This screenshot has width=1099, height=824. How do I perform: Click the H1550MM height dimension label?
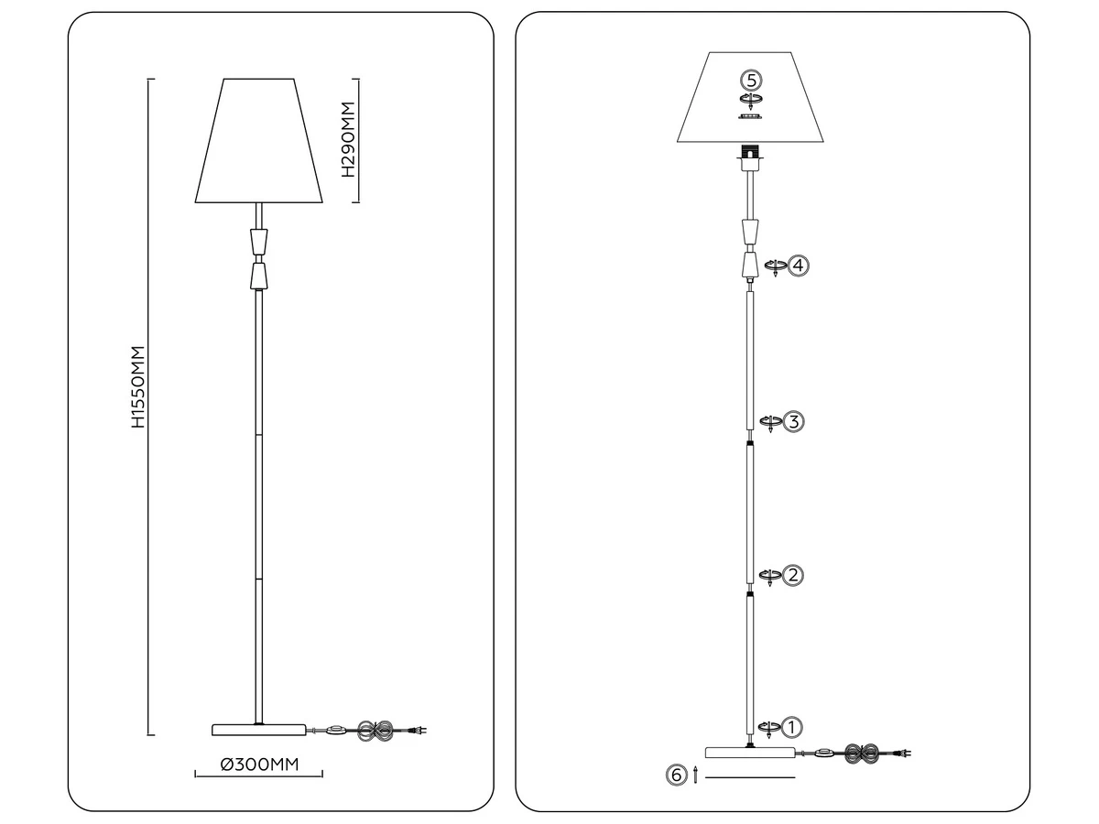pos(138,386)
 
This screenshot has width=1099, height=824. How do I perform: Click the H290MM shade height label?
pos(348,139)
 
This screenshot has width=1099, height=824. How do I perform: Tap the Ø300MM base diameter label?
pos(259,764)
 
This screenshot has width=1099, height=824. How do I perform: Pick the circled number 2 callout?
pos(792,575)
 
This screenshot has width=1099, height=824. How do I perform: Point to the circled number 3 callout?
pos(794,422)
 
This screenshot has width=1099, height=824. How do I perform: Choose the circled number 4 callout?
pos(799,266)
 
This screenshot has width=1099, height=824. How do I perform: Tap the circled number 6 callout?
pos(677,775)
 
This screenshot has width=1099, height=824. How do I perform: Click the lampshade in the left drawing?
pos(259,141)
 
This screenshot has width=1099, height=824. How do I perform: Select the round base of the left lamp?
pos(259,730)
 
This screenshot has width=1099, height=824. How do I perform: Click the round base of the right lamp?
pos(750,753)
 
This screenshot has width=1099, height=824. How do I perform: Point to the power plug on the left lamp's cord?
pos(419,731)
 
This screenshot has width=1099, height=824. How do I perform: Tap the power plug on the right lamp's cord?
pos(904,753)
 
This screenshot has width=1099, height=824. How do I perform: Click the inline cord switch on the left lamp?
pos(336,731)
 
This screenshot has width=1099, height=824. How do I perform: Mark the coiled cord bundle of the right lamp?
pos(861,754)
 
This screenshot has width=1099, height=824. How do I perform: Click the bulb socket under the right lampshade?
pos(749,157)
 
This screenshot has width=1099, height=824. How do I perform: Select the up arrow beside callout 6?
pos(695,775)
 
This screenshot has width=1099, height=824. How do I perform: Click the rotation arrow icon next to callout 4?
pos(776,267)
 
